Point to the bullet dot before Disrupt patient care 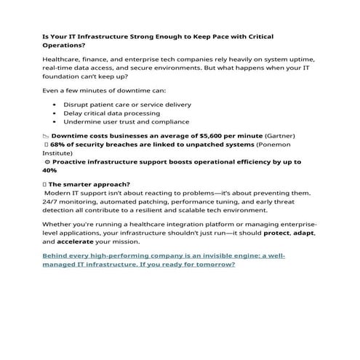click(56, 104)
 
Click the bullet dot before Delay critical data click(56, 113)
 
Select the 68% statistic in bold click(57, 144)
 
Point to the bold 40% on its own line click(49, 169)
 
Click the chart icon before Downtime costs click(46, 135)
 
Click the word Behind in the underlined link click(58, 255)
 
